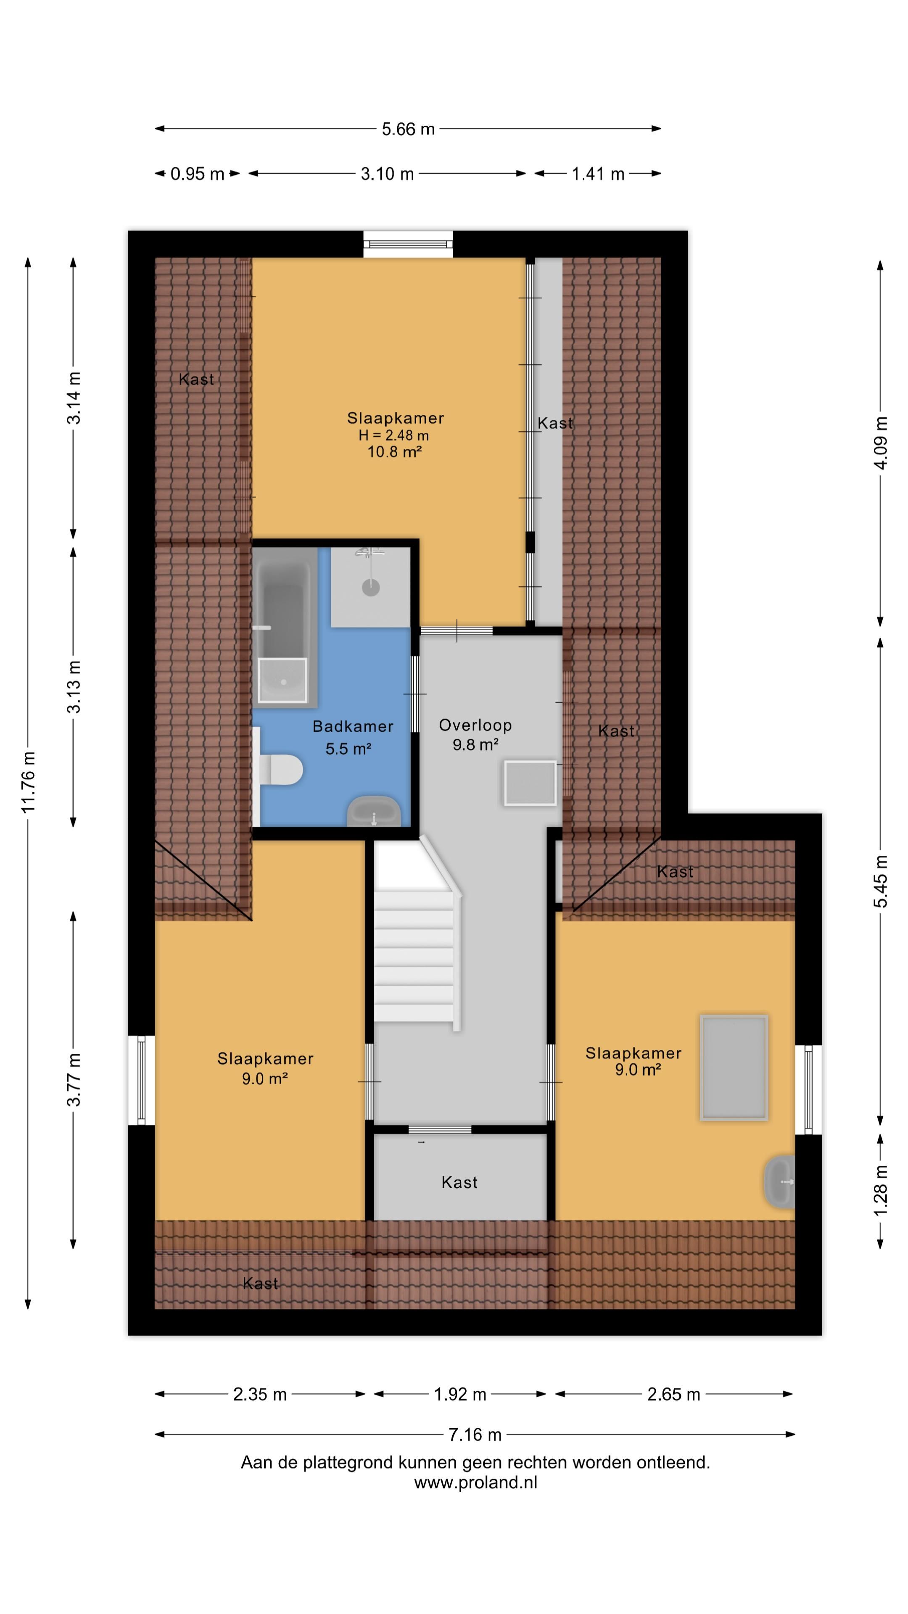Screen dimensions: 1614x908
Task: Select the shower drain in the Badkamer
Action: click(371, 587)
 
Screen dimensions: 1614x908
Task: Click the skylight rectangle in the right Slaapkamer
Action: click(734, 1067)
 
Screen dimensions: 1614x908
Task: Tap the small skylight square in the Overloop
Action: click(530, 783)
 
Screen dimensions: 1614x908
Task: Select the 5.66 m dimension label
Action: click(408, 129)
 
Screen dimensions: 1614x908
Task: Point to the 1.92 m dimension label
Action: click(460, 1394)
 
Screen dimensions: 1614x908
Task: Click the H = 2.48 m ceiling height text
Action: click(393, 435)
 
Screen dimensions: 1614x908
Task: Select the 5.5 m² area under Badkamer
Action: click(348, 748)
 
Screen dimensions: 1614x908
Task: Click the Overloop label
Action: click(475, 725)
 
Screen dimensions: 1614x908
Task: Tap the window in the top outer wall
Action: click(408, 244)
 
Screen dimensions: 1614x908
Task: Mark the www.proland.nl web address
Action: click(475, 1482)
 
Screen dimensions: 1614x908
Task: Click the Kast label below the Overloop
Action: click(459, 1182)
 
